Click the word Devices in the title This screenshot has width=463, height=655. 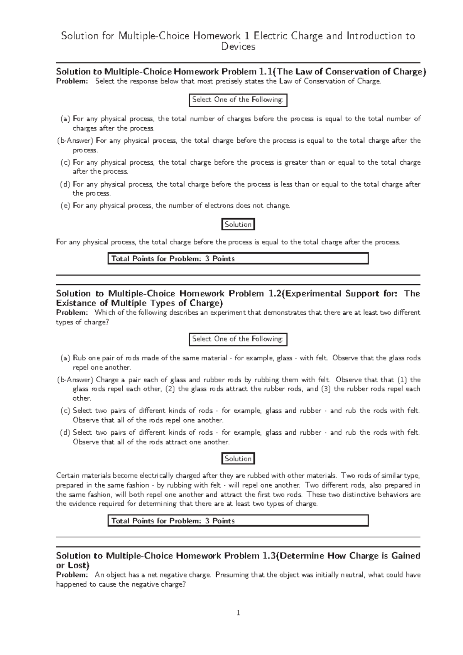(x=238, y=47)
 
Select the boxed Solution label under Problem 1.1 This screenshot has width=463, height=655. (x=238, y=225)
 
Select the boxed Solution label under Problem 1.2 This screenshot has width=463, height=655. (x=238, y=459)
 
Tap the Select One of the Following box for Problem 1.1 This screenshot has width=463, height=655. (x=238, y=100)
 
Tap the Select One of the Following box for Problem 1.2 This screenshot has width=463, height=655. (x=238, y=339)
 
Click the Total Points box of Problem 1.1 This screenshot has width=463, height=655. (x=238, y=258)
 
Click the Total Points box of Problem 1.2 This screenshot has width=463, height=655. (x=238, y=521)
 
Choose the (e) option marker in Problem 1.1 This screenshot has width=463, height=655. (x=65, y=206)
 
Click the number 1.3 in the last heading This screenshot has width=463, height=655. (x=268, y=556)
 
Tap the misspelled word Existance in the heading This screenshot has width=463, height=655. (x=76, y=303)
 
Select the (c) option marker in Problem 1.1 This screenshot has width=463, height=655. (x=65, y=163)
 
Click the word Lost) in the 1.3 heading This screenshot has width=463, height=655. (x=77, y=566)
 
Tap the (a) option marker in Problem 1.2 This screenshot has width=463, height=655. (x=65, y=358)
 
